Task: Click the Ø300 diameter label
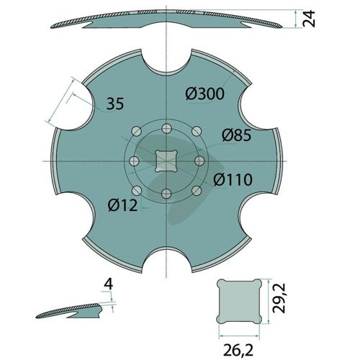pos(205,94)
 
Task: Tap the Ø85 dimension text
pos(237,135)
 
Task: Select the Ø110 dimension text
pos(233,179)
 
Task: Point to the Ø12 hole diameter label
pos(123,205)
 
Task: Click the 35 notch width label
pos(115,104)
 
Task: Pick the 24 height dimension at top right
pos(309,19)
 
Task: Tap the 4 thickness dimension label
pos(109,284)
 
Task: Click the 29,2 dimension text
pos(279,298)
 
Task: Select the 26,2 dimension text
pos(238,350)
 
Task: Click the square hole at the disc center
pos(166,161)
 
